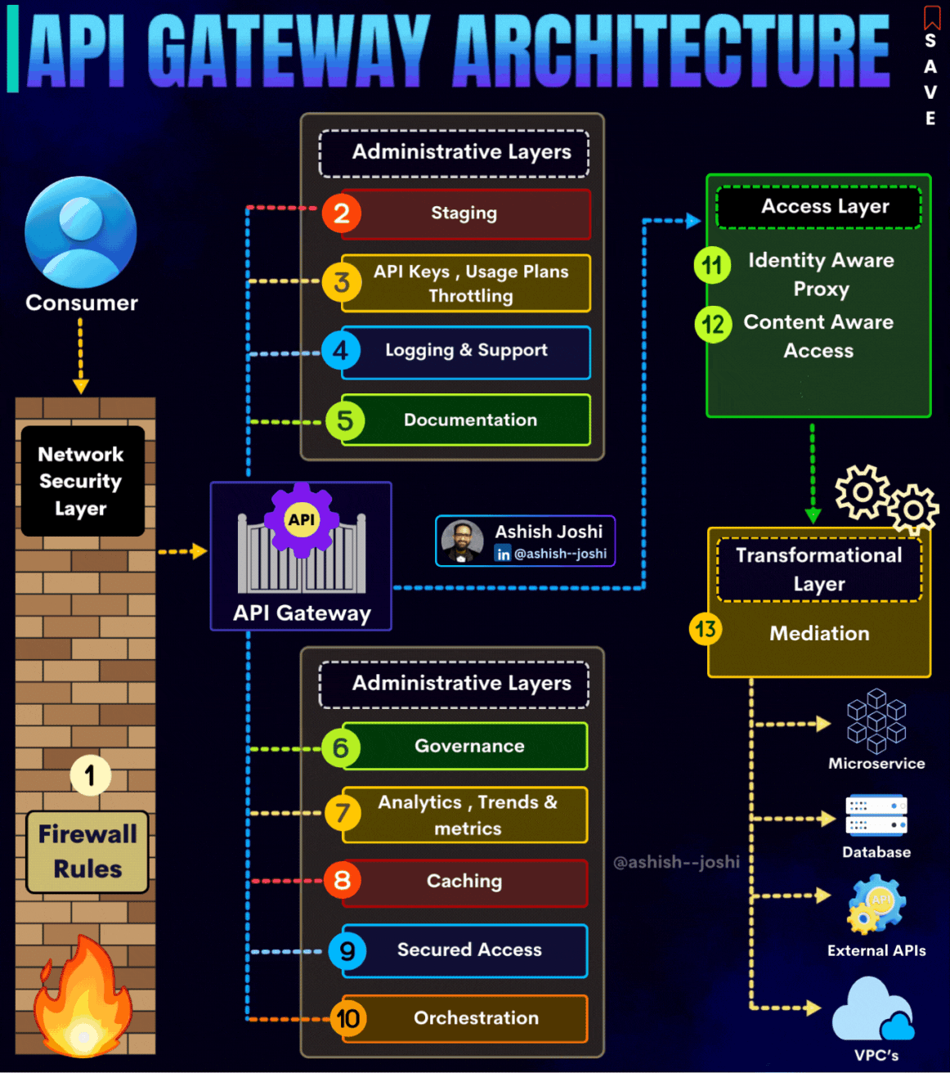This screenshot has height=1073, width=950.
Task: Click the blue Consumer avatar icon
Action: point(81,232)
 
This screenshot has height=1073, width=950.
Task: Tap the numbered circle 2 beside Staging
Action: point(342,213)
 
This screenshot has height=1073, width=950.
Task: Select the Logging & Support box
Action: point(465,352)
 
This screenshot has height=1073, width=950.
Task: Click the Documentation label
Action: point(470,420)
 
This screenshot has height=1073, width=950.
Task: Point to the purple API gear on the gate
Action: point(302,519)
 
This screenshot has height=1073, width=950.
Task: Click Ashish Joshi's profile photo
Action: point(462,541)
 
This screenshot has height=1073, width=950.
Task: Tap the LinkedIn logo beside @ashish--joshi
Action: point(504,554)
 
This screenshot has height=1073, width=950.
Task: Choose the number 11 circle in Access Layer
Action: point(712,265)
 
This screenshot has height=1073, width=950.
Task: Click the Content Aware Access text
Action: point(818,336)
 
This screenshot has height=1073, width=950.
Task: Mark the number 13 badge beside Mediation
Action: point(706,630)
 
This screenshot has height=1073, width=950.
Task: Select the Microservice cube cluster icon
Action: point(876,721)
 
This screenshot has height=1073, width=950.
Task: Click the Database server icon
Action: point(876,815)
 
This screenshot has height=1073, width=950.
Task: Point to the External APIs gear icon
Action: point(876,905)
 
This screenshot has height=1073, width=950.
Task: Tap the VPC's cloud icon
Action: point(873,1011)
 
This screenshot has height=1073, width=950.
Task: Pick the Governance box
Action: point(465,746)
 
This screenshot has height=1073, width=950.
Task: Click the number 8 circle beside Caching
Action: point(342,881)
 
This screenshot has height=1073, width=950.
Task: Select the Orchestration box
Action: point(465,1018)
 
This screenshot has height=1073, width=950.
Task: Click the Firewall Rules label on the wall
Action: point(87,851)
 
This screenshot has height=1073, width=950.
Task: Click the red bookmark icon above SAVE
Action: point(932,17)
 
